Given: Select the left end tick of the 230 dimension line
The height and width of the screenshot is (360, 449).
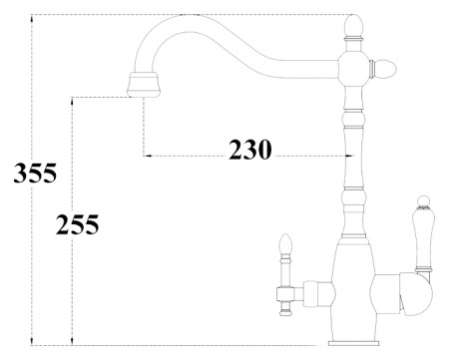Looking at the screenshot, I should (146, 156).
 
